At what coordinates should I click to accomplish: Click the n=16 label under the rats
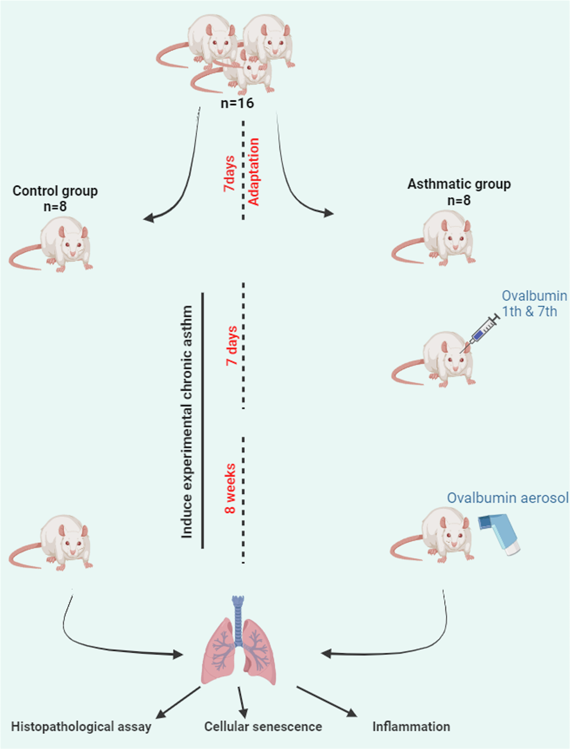(237, 103)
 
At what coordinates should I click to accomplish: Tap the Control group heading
(55, 191)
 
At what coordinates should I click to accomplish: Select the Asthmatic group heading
(459, 184)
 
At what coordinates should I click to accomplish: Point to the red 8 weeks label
(231, 489)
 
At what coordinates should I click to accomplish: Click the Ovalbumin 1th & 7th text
(534, 304)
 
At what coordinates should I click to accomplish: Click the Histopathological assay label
(81, 727)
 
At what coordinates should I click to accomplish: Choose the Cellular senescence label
(263, 727)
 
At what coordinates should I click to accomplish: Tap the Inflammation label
(411, 727)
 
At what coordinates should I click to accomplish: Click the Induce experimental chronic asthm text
(186, 421)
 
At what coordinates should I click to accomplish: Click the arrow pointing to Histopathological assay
(179, 702)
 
